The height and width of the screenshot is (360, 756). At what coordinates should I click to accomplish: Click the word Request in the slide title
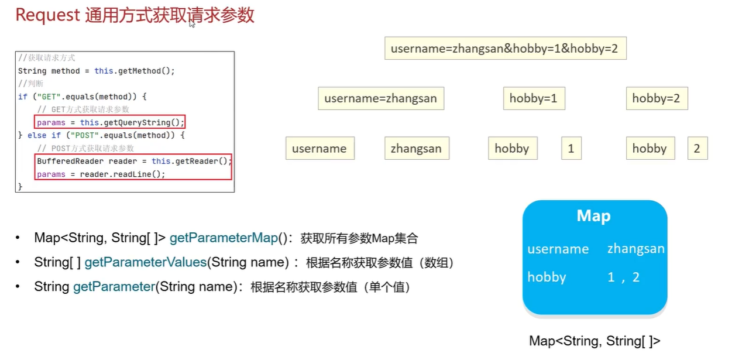tap(47, 15)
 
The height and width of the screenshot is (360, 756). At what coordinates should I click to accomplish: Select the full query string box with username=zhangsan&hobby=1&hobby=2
tap(504, 49)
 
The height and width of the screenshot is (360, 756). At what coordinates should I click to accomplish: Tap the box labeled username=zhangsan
tap(380, 98)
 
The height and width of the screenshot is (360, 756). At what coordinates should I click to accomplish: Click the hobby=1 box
tap(534, 98)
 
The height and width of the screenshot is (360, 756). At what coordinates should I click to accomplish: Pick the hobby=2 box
tap(656, 98)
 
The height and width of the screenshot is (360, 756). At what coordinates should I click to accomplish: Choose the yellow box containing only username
tap(319, 149)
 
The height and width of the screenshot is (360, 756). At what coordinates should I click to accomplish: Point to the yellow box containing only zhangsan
tap(416, 149)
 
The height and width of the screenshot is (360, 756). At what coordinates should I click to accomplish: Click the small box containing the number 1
tap(571, 149)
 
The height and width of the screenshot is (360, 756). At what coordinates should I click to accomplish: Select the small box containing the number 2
tap(697, 149)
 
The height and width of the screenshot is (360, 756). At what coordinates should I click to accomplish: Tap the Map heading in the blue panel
tap(593, 216)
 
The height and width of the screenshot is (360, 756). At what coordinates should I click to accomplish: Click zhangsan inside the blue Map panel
tap(635, 249)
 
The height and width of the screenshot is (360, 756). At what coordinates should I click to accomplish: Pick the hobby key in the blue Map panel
tap(547, 277)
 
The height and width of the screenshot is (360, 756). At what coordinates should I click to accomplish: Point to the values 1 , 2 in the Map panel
tap(623, 277)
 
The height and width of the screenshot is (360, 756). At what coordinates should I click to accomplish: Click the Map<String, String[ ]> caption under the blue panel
tap(595, 341)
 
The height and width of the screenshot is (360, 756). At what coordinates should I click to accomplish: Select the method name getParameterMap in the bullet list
tap(225, 238)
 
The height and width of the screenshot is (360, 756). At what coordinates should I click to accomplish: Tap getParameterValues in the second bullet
tap(146, 263)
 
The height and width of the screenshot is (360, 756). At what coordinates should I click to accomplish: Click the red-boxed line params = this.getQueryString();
tap(111, 123)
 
